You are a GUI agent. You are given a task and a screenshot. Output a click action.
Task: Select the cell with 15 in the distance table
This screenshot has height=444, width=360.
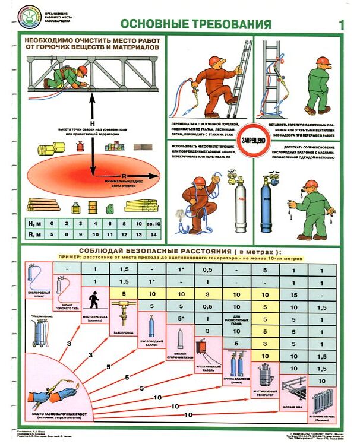[x=293, y=295]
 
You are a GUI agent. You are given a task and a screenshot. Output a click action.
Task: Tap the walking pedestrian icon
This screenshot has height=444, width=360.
[x=93, y=300]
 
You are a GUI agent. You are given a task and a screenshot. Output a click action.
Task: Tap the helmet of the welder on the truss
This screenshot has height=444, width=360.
[x=83, y=71]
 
